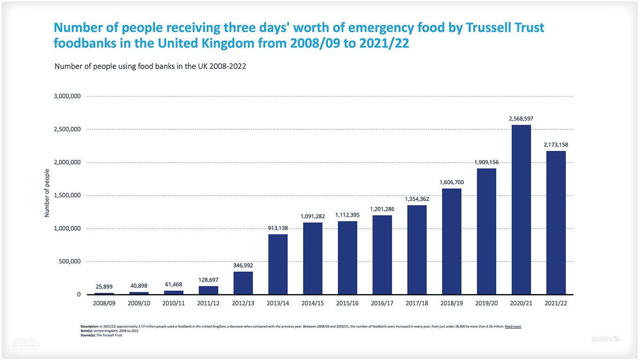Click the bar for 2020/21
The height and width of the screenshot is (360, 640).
(521, 210)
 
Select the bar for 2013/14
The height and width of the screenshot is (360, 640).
(278, 264)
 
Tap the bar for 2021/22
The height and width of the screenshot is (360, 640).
(556, 223)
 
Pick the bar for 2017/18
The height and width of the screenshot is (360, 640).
(417, 250)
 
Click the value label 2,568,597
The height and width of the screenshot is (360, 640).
(521, 119)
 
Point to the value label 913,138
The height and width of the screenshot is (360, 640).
(278, 228)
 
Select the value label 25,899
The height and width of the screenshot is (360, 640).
(104, 286)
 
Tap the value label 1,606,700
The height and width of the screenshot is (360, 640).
(452, 182)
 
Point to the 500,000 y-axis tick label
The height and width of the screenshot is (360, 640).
(68, 262)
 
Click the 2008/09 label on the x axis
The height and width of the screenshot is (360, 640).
(104, 303)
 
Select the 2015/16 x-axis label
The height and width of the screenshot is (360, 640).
(347, 303)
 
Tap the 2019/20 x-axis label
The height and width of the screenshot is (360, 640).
(486, 303)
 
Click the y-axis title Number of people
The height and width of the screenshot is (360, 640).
(47, 193)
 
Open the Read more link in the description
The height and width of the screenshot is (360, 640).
(513, 326)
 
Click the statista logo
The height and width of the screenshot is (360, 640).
(605, 338)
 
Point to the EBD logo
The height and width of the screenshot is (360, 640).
(26, 343)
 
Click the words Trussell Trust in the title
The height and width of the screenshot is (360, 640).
(505, 28)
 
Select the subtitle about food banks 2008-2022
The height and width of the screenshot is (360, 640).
(150, 67)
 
